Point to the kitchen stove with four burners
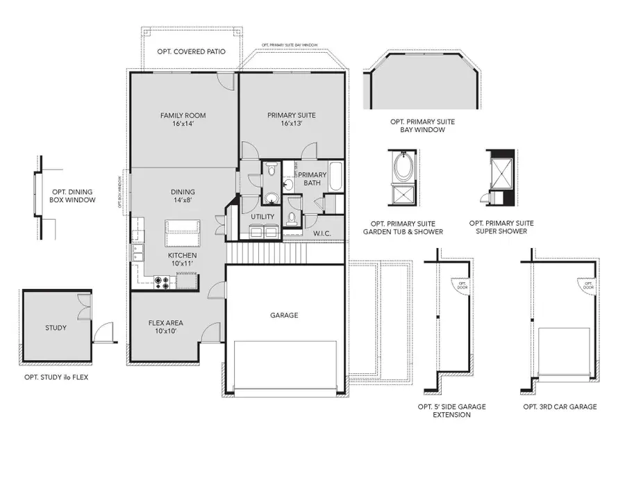pos(163,281)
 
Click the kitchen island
pos(183,233)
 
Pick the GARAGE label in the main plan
pos(283,316)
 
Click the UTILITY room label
pos(262,217)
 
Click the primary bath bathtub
pos(336,177)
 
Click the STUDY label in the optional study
pos(56,327)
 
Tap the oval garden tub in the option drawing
pos(402,167)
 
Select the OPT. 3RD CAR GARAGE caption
pos(560,407)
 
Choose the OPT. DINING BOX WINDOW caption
pos(72,196)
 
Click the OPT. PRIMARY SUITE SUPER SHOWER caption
pos(501,227)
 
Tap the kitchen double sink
pos(137,252)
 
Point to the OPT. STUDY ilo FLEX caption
pos(56,377)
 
